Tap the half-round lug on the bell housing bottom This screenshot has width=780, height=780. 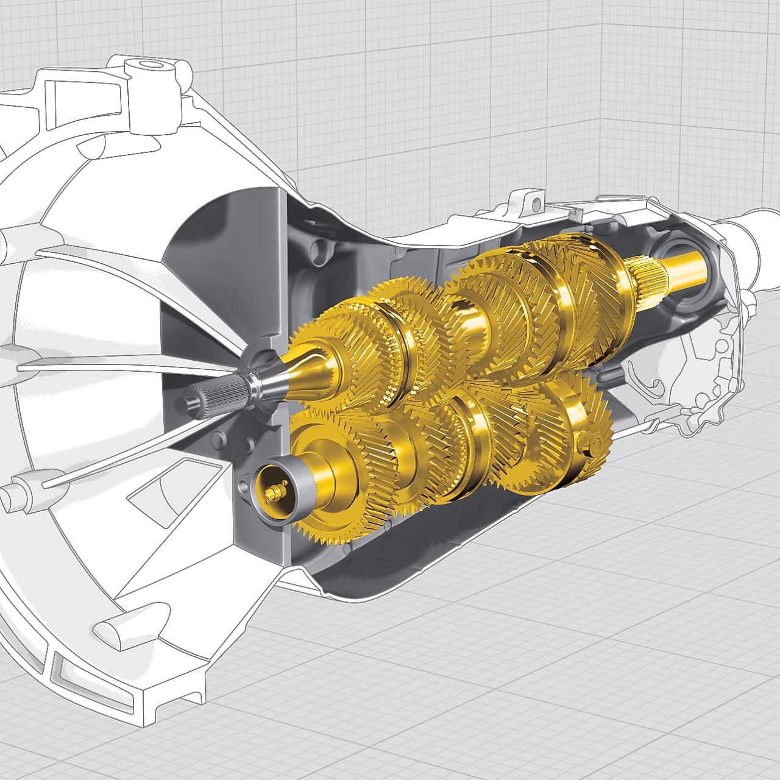[x=116, y=628]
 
